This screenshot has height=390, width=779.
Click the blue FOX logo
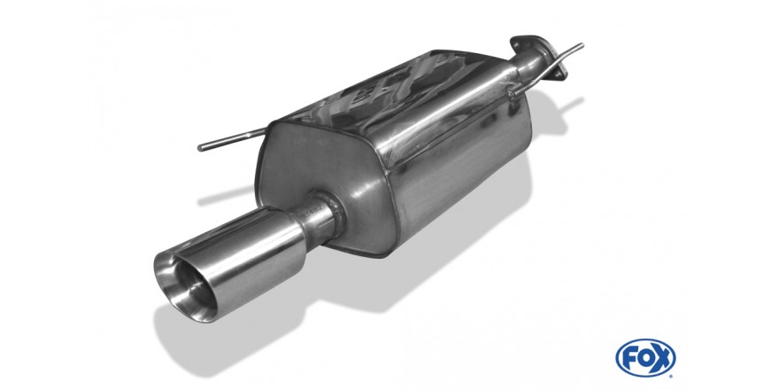645,358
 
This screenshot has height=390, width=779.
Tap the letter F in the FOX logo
629,358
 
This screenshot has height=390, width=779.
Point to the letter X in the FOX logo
662,358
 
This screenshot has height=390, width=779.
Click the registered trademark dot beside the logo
672,376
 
